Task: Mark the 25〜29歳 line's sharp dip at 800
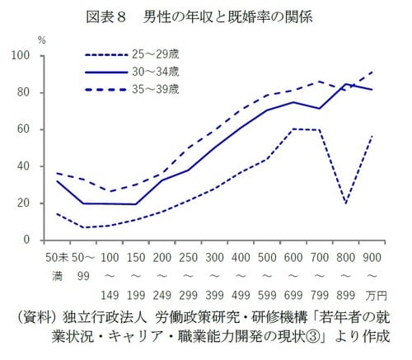tap(345, 203)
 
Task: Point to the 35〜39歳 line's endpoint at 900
tap(373, 72)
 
